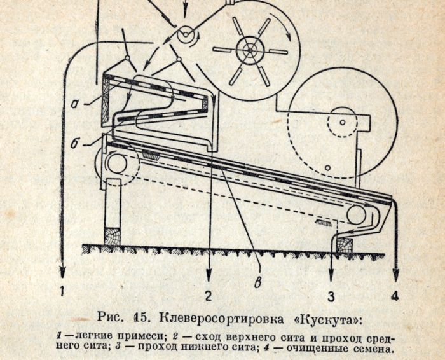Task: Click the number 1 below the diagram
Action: click(x=62, y=291)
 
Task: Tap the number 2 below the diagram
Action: click(x=209, y=296)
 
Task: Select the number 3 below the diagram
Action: click(x=331, y=296)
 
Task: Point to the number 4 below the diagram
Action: click(x=395, y=296)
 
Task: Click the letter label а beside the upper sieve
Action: click(x=74, y=104)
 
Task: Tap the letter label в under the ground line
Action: click(x=257, y=284)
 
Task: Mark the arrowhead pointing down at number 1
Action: click(x=63, y=272)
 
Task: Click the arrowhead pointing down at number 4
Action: click(x=395, y=275)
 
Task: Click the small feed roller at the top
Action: click(x=185, y=34)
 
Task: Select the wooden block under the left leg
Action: click(x=113, y=235)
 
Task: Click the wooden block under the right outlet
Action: click(x=344, y=245)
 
